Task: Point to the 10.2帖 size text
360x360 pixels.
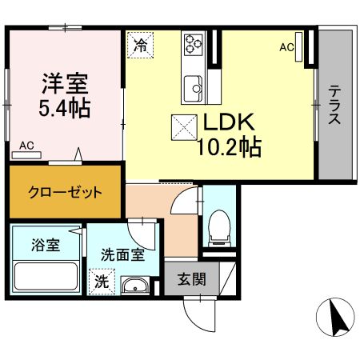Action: coord(226,148)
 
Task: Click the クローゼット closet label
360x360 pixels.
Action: coord(65,192)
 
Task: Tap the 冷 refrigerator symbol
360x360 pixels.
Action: coord(140,45)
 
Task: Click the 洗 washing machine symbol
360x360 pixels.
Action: coord(102,282)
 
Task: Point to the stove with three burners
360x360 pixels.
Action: coord(194,43)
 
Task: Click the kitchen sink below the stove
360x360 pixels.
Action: coord(194,84)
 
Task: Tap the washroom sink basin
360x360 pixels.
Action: coord(134,285)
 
